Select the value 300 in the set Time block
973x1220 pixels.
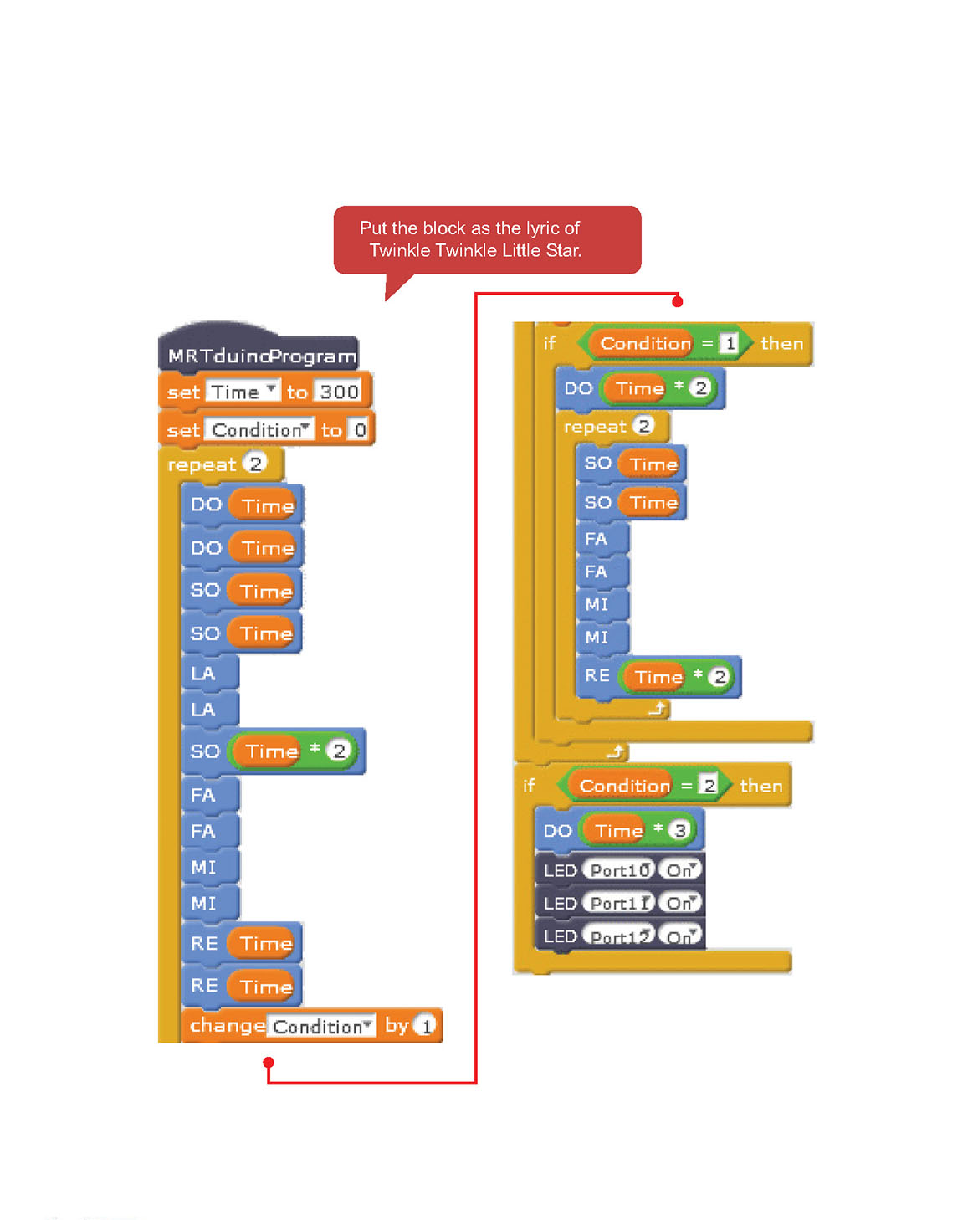(339, 392)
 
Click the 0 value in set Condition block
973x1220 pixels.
(360, 430)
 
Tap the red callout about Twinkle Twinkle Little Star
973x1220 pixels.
(487, 239)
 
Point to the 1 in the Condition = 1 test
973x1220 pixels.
(730, 343)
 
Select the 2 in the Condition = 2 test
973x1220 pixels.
(709, 785)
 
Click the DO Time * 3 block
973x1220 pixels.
(557, 830)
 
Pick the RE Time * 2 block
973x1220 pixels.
(597, 676)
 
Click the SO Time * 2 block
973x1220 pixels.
(204, 751)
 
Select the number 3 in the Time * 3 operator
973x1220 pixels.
(680, 830)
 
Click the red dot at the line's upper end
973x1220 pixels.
(678, 301)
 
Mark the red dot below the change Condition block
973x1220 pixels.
(269, 1063)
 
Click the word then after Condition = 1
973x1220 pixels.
(781, 343)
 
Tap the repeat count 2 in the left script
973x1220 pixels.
(255, 464)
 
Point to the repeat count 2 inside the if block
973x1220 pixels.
(643, 426)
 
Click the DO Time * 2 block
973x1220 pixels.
(578, 388)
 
